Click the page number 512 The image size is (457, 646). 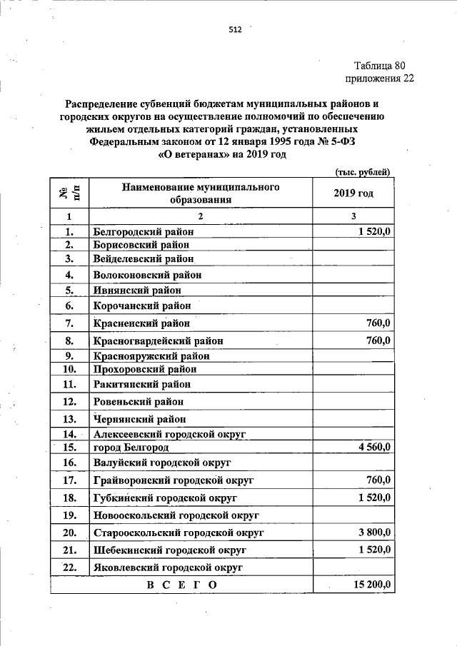coord(235,30)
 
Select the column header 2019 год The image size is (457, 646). coord(353,193)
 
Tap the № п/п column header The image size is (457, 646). coord(69,193)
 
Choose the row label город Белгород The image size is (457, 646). coord(131,448)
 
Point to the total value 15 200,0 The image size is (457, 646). coord(372,585)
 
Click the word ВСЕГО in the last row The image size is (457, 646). coord(181,585)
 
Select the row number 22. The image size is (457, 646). coord(69,567)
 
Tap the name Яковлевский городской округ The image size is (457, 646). coord(169,567)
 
